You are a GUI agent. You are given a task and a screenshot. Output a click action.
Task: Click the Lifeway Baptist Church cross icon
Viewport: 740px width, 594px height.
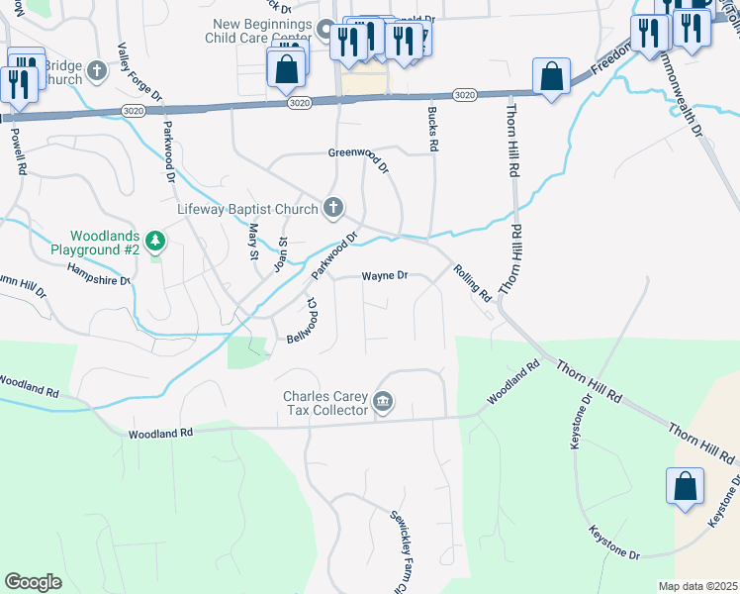pyautogui.click(x=334, y=208)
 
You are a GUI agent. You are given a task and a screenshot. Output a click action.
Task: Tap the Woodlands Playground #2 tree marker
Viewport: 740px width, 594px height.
pyautogui.click(x=154, y=240)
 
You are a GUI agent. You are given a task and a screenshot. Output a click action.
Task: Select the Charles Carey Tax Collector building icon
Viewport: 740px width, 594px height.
pyautogui.click(x=383, y=402)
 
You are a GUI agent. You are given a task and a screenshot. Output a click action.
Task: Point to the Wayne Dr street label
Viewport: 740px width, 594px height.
pyautogui.click(x=384, y=275)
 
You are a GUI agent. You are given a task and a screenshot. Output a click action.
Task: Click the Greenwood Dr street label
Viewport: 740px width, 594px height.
pyautogui.click(x=359, y=153)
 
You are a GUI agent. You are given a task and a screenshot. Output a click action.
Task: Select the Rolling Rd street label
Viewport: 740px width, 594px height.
pyautogui.click(x=472, y=282)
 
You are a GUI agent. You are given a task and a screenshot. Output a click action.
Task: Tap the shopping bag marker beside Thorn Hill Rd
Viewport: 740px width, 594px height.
pyautogui.click(x=551, y=76)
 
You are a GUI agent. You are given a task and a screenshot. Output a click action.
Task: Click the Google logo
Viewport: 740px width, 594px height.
pyautogui.click(x=34, y=582)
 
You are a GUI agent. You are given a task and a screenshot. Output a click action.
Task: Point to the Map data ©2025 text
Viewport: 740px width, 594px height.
pyautogui.click(x=697, y=586)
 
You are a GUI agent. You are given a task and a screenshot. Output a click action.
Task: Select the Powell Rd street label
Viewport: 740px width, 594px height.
pyautogui.click(x=17, y=149)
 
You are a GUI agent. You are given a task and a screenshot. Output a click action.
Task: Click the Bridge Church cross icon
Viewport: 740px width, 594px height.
pyautogui.click(x=97, y=70)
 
